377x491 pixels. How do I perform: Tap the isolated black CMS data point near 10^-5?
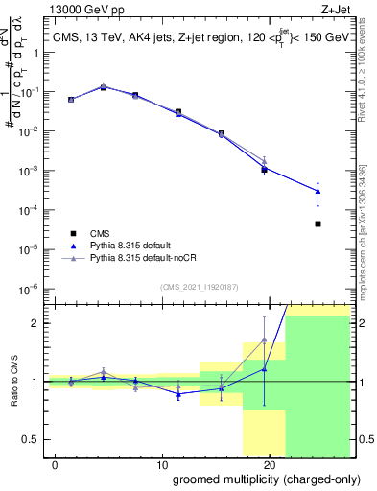coord(318,223)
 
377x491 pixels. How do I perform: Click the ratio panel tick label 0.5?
coord(35,439)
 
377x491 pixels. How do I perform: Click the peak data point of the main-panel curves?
coord(104,87)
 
